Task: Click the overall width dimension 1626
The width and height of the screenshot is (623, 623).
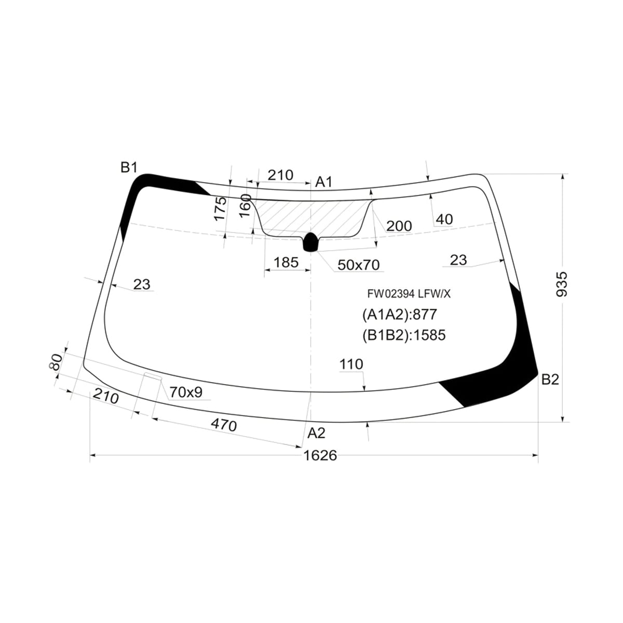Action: (x=320, y=455)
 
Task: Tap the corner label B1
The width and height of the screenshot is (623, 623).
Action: (x=129, y=168)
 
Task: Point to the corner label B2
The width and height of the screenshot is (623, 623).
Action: (x=550, y=380)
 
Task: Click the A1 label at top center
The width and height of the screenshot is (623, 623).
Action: (x=323, y=182)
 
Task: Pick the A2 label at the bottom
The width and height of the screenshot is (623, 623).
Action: (x=316, y=433)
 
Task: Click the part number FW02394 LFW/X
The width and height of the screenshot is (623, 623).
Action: (x=409, y=293)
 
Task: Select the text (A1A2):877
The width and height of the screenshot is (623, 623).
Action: (x=400, y=314)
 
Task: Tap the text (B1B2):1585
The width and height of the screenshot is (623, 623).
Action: (x=404, y=335)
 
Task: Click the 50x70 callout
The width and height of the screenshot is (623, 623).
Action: (x=358, y=265)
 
